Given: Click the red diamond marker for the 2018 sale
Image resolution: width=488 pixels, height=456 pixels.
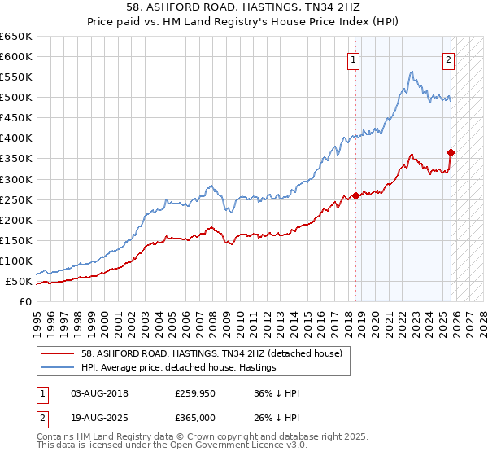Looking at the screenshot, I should click(x=355, y=195).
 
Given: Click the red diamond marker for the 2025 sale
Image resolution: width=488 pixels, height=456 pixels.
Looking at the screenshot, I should click(x=451, y=152).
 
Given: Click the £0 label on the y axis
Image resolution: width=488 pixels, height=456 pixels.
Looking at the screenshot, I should click(x=26, y=302).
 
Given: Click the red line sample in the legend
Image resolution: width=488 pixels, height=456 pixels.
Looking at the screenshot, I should click(x=58, y=353).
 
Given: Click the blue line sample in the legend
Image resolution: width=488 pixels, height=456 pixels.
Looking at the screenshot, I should click(x=58, y=367).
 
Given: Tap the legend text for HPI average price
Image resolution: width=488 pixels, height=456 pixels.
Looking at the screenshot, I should click(x=178, y=367).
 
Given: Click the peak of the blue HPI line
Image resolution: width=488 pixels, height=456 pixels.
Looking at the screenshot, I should click(x=412, y=72).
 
